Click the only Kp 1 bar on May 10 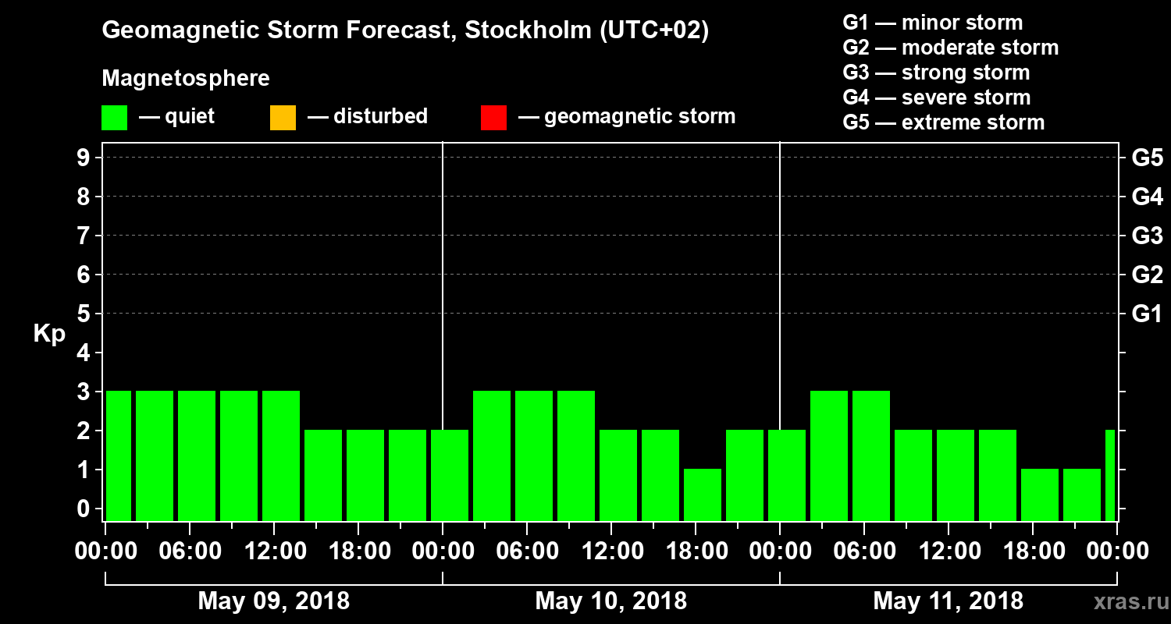point(703,495)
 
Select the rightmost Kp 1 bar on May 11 point(1082,495)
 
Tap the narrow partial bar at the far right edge point(1110,475)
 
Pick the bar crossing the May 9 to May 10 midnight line point(450,475)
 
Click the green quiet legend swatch point(114,118)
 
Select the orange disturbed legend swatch point(283,118)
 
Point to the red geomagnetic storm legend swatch point(493,118)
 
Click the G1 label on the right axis point(1147,314)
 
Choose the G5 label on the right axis point(1147,158)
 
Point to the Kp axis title point(48,334)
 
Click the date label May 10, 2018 point(611,601)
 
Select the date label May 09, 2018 point(274,601)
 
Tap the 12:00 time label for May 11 point(948,551)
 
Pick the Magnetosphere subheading point(186,79)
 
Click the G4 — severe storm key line point(937,97)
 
